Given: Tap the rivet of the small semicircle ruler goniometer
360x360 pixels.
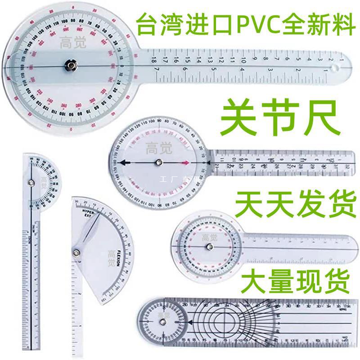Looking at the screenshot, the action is [x=31, y=182].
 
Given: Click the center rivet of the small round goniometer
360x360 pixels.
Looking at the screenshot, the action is [x=208, y=247].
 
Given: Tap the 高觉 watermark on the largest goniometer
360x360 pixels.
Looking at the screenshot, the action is [x=69, y=43].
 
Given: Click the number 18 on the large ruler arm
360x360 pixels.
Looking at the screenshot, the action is [x=154, y=61].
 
